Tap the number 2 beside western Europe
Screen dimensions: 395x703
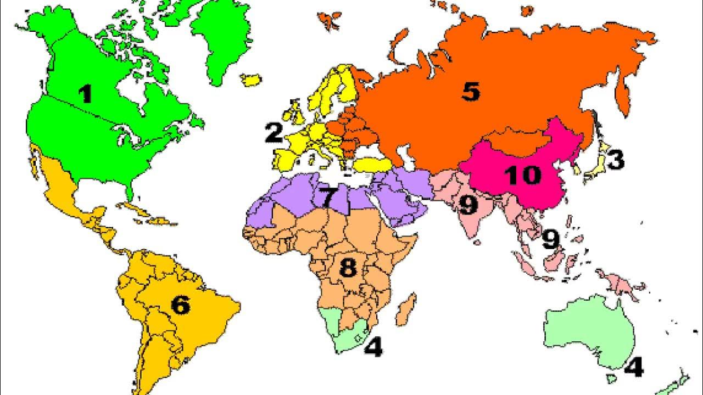274,133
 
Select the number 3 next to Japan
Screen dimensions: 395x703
615,160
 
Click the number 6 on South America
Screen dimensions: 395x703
181,305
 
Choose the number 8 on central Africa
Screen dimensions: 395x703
348,268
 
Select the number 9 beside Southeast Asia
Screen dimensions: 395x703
550,239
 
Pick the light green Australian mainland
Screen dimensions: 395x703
590,329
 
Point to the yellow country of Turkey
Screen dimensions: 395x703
371,164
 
